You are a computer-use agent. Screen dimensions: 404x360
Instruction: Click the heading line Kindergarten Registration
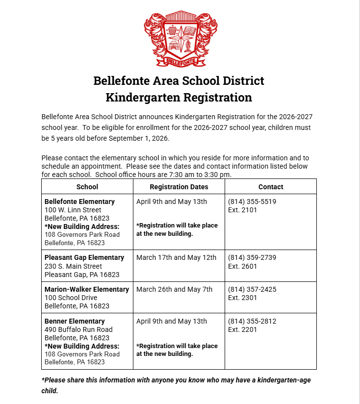(179, 98)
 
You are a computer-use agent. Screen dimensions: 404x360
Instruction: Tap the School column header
(87, 187)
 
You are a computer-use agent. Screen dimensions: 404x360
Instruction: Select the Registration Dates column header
(179, 187)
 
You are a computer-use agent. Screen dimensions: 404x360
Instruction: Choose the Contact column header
(271, 187)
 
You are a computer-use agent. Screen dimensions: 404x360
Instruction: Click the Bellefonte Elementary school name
(79, 202)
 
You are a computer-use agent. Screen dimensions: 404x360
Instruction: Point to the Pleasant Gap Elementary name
(84, 257)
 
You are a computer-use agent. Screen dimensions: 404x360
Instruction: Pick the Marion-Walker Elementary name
(87, 289)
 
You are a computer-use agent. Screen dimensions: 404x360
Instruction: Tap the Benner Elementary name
(75, 321)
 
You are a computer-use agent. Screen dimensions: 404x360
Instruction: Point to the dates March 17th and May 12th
(176, 257)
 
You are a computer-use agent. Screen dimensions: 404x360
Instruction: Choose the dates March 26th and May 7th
(174, 289)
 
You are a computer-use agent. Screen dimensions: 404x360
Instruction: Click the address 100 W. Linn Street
(73, 210)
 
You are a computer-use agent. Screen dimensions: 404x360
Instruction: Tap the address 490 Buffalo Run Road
(78, 329)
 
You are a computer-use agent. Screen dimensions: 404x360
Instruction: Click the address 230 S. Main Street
(74, 266)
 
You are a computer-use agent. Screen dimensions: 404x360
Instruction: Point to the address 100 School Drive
(71, 298)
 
